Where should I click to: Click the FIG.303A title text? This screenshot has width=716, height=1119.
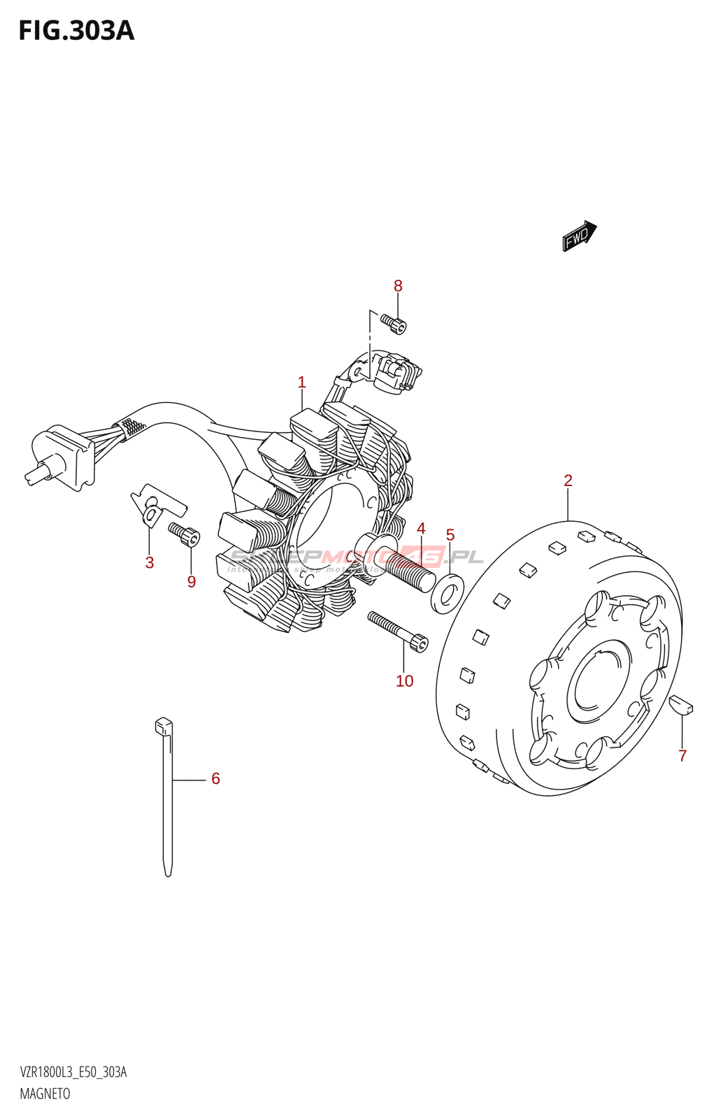coord(76,31)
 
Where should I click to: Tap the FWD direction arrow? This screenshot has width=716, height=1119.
coord(579,236)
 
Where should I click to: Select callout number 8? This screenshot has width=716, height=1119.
coord(398,285)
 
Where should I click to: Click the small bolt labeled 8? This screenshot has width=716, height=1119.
coord(394,323)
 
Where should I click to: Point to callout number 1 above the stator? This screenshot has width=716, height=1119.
coord(302,383)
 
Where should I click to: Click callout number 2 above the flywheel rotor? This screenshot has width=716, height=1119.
coord(568,480)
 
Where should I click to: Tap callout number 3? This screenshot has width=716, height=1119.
coord(150,563)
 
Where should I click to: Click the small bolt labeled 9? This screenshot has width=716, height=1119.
coord(185,535)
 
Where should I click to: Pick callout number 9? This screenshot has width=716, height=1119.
coord(192,582)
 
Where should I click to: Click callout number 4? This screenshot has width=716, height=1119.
coord(421,529)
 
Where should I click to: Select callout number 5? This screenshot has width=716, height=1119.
coord(450,536)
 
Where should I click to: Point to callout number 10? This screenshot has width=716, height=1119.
coord(405,681)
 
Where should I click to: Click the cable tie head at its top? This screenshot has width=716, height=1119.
coord(163,725)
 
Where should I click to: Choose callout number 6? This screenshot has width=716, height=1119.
coord(215,778)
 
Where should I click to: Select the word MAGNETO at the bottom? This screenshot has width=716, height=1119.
coord(45,1094)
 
